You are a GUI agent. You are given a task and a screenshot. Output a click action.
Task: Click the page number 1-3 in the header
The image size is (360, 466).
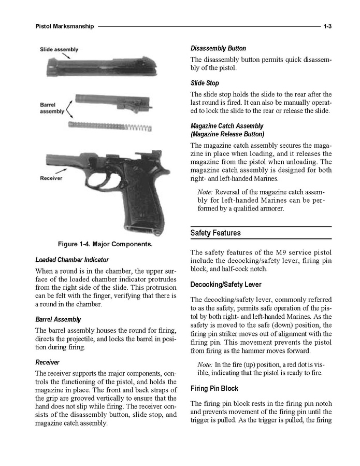click(x=327, y=26)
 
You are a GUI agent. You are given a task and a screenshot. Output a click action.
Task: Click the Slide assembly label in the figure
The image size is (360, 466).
click(x=59, y=49)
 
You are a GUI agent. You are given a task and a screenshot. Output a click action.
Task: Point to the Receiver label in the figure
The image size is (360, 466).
click(x=51, y=178)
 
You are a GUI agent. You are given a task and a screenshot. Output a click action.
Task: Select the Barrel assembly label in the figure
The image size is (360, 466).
click(x=52, y=108)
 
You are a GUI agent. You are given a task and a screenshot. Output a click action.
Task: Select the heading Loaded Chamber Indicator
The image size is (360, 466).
click(x=71, y=260)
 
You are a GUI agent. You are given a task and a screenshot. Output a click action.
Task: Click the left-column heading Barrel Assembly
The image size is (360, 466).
click(x=58, y=319)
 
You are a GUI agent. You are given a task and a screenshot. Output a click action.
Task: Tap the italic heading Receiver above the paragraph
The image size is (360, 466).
click(x=47, y=362)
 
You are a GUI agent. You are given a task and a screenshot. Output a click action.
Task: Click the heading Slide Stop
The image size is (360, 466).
click(x=205, y=83)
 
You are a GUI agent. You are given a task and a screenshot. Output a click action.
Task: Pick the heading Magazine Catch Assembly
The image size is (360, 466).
click(x=226, y=126)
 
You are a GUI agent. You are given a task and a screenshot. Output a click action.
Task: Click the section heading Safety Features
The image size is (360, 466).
click(x=215, y=233)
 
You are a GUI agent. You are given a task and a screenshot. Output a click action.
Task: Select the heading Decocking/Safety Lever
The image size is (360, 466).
click(x=225, y=285)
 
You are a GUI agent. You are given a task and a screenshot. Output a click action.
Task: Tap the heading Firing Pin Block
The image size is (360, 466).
click(x=214, y=388)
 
